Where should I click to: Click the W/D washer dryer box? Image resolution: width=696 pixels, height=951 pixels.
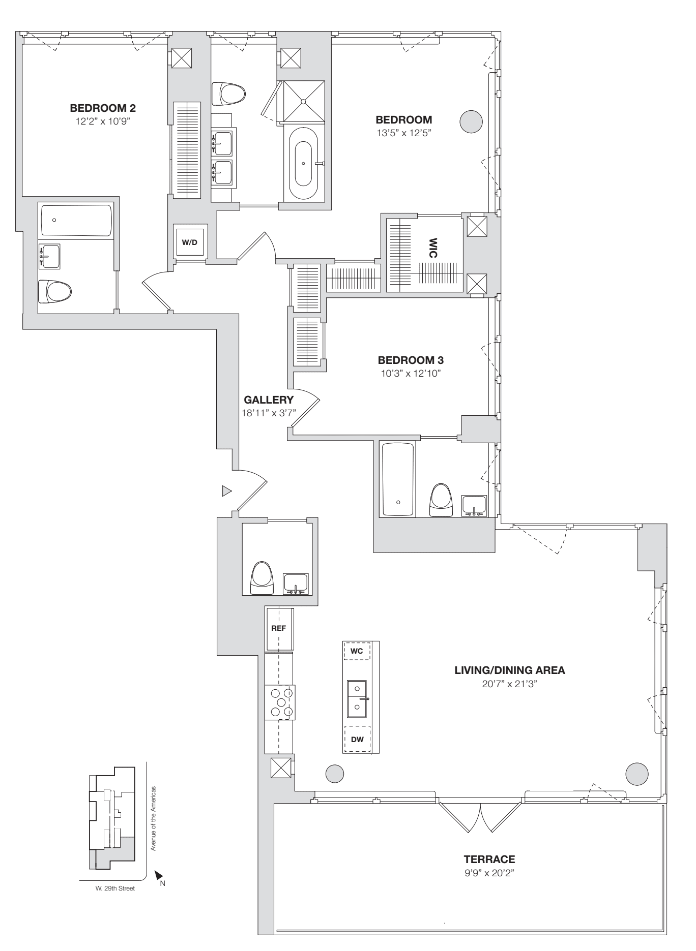click(x=189, y=242)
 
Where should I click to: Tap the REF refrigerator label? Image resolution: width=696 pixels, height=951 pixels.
click(x=278, y=628)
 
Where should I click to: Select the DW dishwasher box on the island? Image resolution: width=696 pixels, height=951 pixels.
click(x=357, y=740)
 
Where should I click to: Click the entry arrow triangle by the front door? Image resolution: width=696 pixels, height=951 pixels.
click(x=226, y=491)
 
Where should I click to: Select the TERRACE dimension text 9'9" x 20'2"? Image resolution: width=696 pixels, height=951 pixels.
click(x=489, y=873)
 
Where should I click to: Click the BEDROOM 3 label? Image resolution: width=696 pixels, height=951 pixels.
click(x=411, y=360)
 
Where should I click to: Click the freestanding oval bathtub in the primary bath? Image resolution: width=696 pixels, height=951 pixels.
click(x=303, y=164)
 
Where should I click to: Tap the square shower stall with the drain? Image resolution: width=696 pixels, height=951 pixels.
click(x=304, y=102)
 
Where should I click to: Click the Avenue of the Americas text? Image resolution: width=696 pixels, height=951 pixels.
click(x=153, y=818)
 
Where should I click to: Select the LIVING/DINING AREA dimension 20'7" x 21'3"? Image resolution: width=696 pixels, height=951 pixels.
click(x=509, y=684)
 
